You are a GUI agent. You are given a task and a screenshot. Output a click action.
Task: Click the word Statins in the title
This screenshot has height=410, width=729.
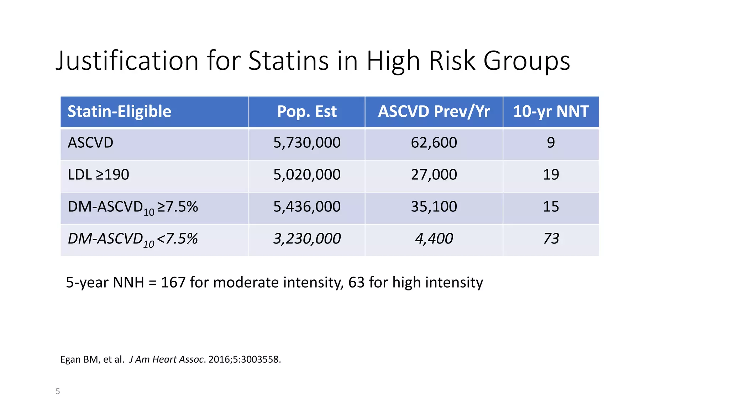[288, 61]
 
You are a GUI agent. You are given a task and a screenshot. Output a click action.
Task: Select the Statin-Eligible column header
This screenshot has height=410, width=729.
[119, 111]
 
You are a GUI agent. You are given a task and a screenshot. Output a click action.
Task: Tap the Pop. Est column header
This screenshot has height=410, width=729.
[306, 111]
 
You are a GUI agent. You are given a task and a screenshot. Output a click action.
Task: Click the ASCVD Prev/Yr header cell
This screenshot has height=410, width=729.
[434, 111]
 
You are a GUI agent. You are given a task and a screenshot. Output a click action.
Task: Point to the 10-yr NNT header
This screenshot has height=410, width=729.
[551, 111]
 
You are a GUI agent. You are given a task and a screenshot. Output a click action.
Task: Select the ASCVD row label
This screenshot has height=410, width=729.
[90, 143]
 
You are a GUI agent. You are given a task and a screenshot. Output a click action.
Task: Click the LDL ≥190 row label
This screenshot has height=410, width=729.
[98, 175]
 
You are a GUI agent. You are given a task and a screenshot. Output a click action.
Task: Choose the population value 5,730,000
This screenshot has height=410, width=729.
[306, 143]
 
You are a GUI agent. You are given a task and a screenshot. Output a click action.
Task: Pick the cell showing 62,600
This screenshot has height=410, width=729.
[434, 143]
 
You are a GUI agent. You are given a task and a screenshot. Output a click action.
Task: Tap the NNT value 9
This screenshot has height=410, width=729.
[551, 143]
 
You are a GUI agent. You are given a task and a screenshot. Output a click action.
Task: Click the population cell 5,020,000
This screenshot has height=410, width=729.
[306, 175]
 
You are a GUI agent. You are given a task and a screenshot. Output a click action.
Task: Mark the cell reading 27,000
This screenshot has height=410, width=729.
[434, 175]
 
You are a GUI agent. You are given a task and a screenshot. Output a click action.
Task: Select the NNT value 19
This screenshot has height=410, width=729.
[551, 175]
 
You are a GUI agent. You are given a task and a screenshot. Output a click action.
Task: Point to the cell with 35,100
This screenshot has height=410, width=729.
[434, 207]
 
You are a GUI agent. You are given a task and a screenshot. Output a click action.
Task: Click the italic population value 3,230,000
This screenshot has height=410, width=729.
[306, 238]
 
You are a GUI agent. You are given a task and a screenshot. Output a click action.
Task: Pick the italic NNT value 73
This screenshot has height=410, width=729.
[551, 238]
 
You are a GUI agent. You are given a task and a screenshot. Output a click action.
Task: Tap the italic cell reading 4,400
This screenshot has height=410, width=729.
[434, 238]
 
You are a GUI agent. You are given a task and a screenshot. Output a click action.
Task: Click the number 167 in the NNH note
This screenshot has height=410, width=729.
[173, 283]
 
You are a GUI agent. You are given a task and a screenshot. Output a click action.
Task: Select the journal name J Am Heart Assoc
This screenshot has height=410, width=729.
[166, 359]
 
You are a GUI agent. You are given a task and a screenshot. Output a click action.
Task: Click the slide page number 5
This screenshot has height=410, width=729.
[58, 391]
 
